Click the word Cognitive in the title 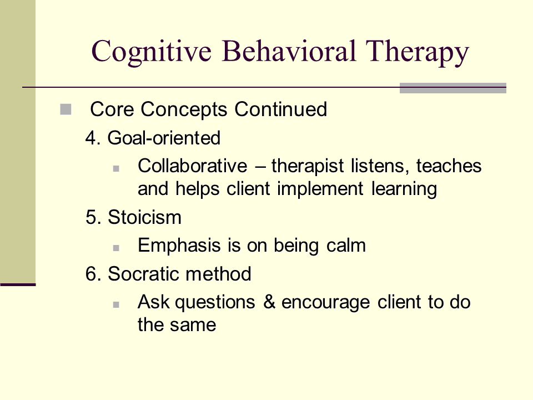(151, 52)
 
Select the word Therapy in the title (417, 52)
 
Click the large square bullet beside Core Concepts (66, 109)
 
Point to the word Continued (281, 109)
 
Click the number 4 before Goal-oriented (90, 138)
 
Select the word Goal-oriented (164, 138)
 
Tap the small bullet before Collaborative (116, 168)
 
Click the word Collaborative (193, 166)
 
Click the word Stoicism (144, 217)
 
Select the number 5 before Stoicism (90, 218)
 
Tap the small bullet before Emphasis (116, 248)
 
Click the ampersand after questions (269, 302)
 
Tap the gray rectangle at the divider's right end (453, 88)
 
